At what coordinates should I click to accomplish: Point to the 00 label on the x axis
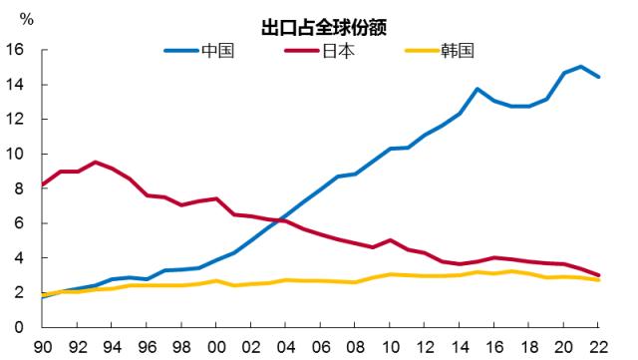tap(216, 347)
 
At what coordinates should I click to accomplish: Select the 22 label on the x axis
tap(599, 347)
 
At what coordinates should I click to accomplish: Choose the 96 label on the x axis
tap(146, 347)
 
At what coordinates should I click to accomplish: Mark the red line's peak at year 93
tap(94, 162)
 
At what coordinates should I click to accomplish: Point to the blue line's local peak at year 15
tap(477, 89)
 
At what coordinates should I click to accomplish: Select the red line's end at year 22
tap(598, 275)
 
